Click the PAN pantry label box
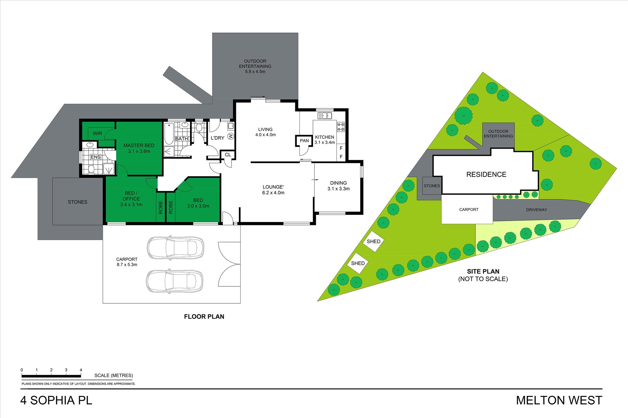(x=304, y=141)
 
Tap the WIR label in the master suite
(x=97, y=133)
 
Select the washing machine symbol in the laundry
(x=231, y=136)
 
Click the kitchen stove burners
(x=341, y=127)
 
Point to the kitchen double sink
(x=325, y=116)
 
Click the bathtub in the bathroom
(x=169, y=134)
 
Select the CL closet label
(x=228, y=155)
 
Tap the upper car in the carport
(x=175, y=247)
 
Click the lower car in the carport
(x=175, y=281)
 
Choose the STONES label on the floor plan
(x=78, y=202)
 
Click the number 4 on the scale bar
(x=81, y=370)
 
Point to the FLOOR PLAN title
(x=204, y=317)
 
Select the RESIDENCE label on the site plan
(x=486, y=174)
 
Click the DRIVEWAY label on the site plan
(x=536, y=210)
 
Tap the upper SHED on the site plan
(x=373, y=241)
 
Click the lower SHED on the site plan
(x=358, y=263)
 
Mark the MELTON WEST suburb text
(x=559, y=400)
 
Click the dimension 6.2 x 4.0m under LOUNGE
(x=273, y=193)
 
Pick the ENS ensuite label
(x=95, y=157)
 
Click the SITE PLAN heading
(x=483, y=272)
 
